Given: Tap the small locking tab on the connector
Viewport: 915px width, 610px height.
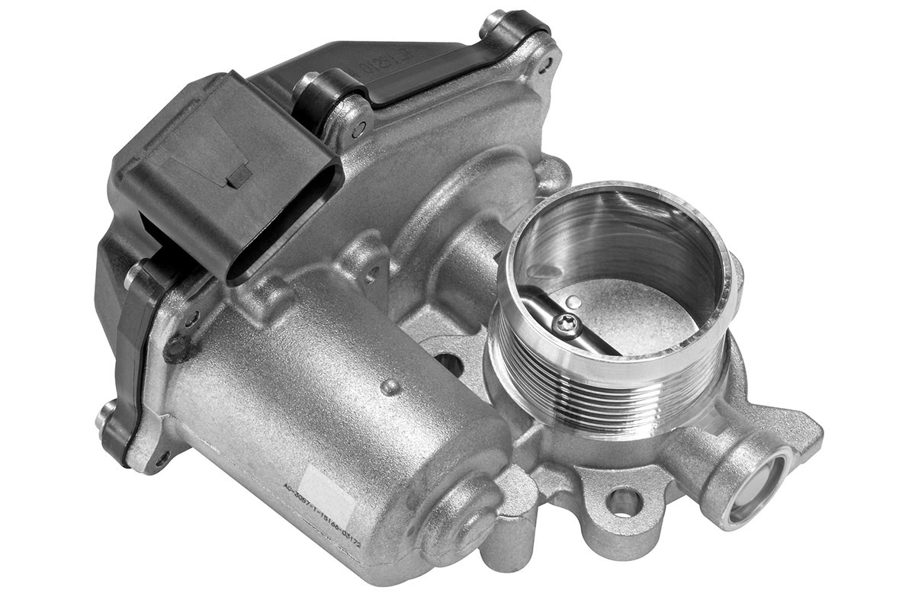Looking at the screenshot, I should click(239, 175).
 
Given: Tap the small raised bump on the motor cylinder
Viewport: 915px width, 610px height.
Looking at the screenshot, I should click(390, 387).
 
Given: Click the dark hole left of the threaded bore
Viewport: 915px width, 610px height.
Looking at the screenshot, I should click(450, 364).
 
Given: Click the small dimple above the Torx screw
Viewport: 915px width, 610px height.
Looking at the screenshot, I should click(577, 303).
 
